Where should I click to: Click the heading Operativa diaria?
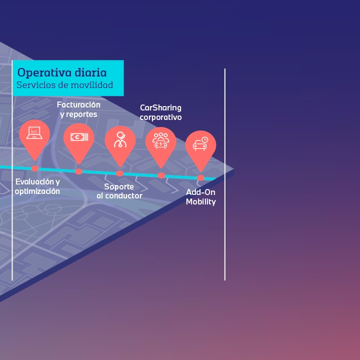(x=62, y=72)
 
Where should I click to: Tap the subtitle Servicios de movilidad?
(x=64, y=85)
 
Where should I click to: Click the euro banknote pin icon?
(x=78, y=137)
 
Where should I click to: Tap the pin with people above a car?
(x=160, y=141)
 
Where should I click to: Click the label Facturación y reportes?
(x=78, y=109)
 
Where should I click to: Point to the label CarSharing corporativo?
(x=160, y=112)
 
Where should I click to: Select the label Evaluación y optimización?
(x=37, y=186)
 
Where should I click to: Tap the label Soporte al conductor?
(x=119, y=191)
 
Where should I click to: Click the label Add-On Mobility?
(x=200, y=197)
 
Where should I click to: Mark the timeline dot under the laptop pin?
(x=35, y=168)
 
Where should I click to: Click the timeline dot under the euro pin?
(x=78, y=171)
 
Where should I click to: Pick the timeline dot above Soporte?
(x=119, y=173)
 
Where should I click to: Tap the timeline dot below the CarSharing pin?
(x=161, y=175)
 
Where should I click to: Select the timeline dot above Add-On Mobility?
(x=200, y=177)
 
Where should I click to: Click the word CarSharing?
(x=160, y=107)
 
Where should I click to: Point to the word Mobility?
(x=200, y=202)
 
